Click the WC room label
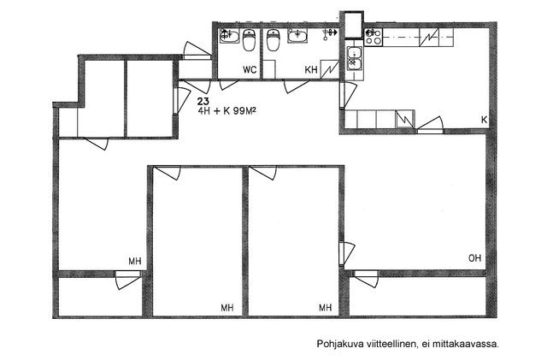(250, 70)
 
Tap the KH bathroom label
(311, 70)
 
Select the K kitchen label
(485, 120)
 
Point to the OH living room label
(474, 258)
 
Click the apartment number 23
(203, 102)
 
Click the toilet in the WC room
(249, 40)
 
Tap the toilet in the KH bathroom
(273, 40)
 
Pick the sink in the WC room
(229, 36)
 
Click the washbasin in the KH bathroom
(297, 36)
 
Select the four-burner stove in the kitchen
(373, 37)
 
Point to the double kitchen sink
(355, 58)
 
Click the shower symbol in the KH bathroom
(330, 33)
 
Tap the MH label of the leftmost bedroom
(135, 261)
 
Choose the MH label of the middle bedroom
(227, 308)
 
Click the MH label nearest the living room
(325, 308)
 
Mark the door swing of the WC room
(228, 85)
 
